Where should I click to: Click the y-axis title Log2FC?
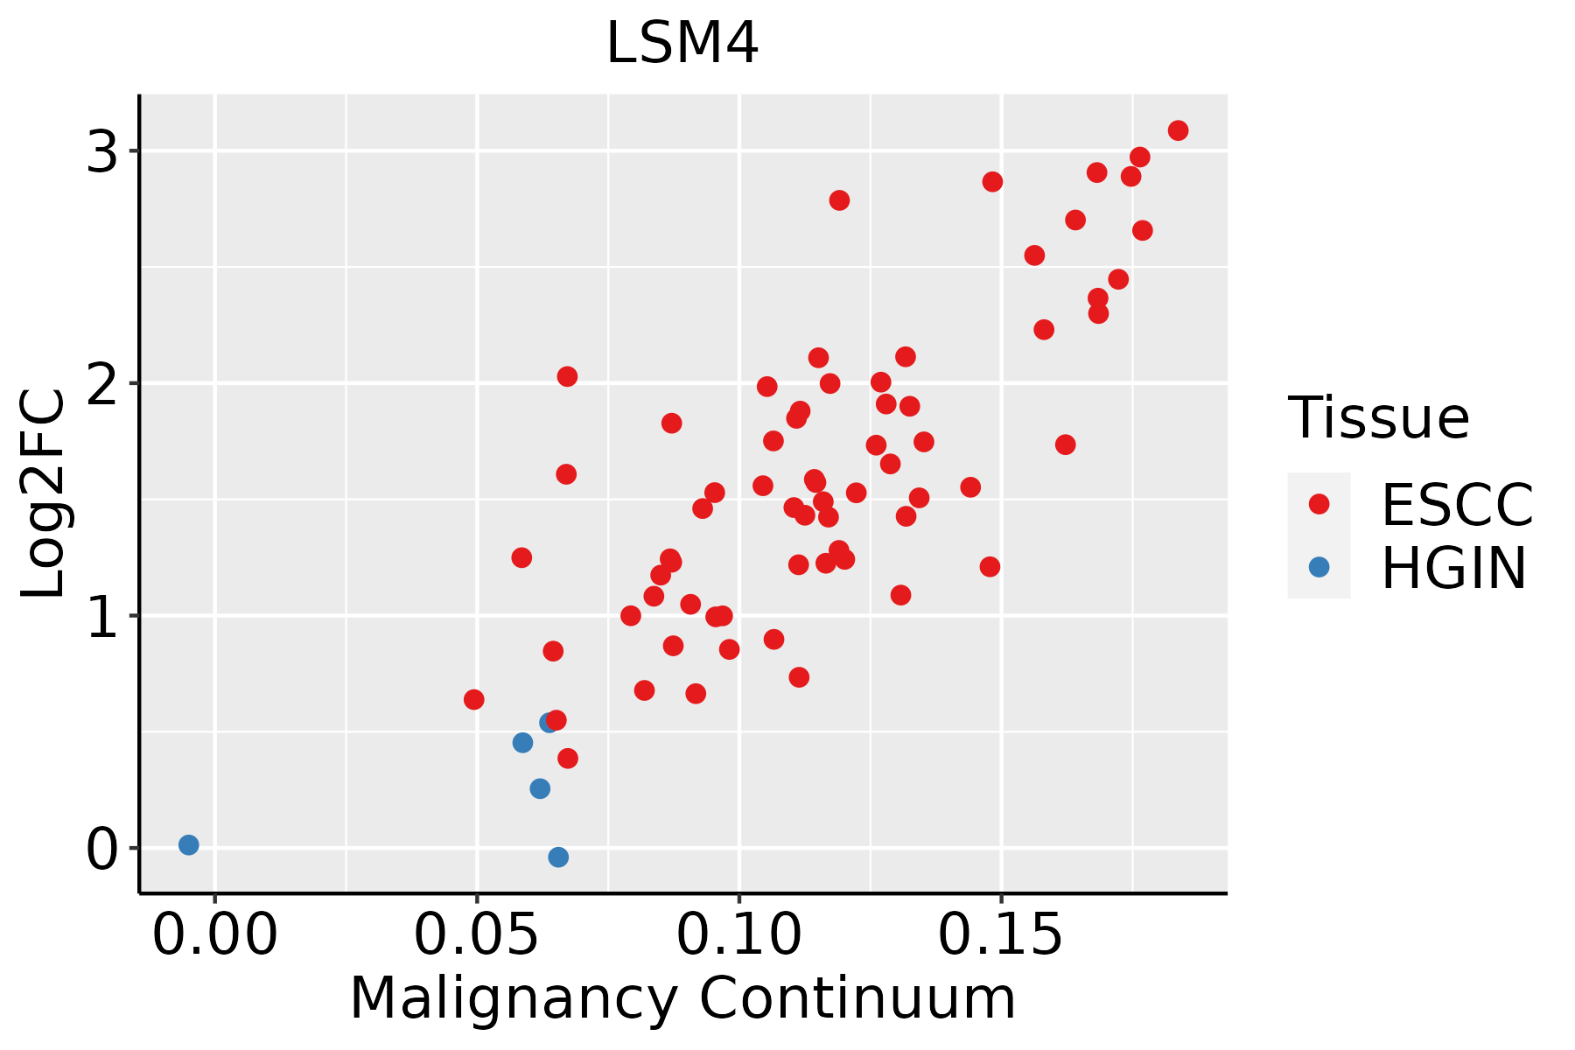tap(44, 494)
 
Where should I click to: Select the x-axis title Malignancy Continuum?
tap(682, 998)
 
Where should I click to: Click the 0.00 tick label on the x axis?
tap(214, 934)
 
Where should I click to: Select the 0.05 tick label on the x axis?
tap(476, 934)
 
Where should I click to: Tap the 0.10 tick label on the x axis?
tap(739, 934)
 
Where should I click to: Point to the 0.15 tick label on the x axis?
tap(1001, 934)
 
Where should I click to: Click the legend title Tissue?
tap(1379, 418)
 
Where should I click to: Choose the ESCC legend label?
tap(1457, 505)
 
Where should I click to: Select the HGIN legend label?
tap(1453, 568)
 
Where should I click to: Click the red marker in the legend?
tap(1319, 504)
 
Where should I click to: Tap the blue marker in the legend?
tap(1319, 567)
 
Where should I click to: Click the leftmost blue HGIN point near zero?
tap(189, 845)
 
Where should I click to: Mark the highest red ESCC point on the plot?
tap(1178, 130)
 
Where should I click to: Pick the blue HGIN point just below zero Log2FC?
tap(558, 857)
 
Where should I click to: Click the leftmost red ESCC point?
tap(473, 700)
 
